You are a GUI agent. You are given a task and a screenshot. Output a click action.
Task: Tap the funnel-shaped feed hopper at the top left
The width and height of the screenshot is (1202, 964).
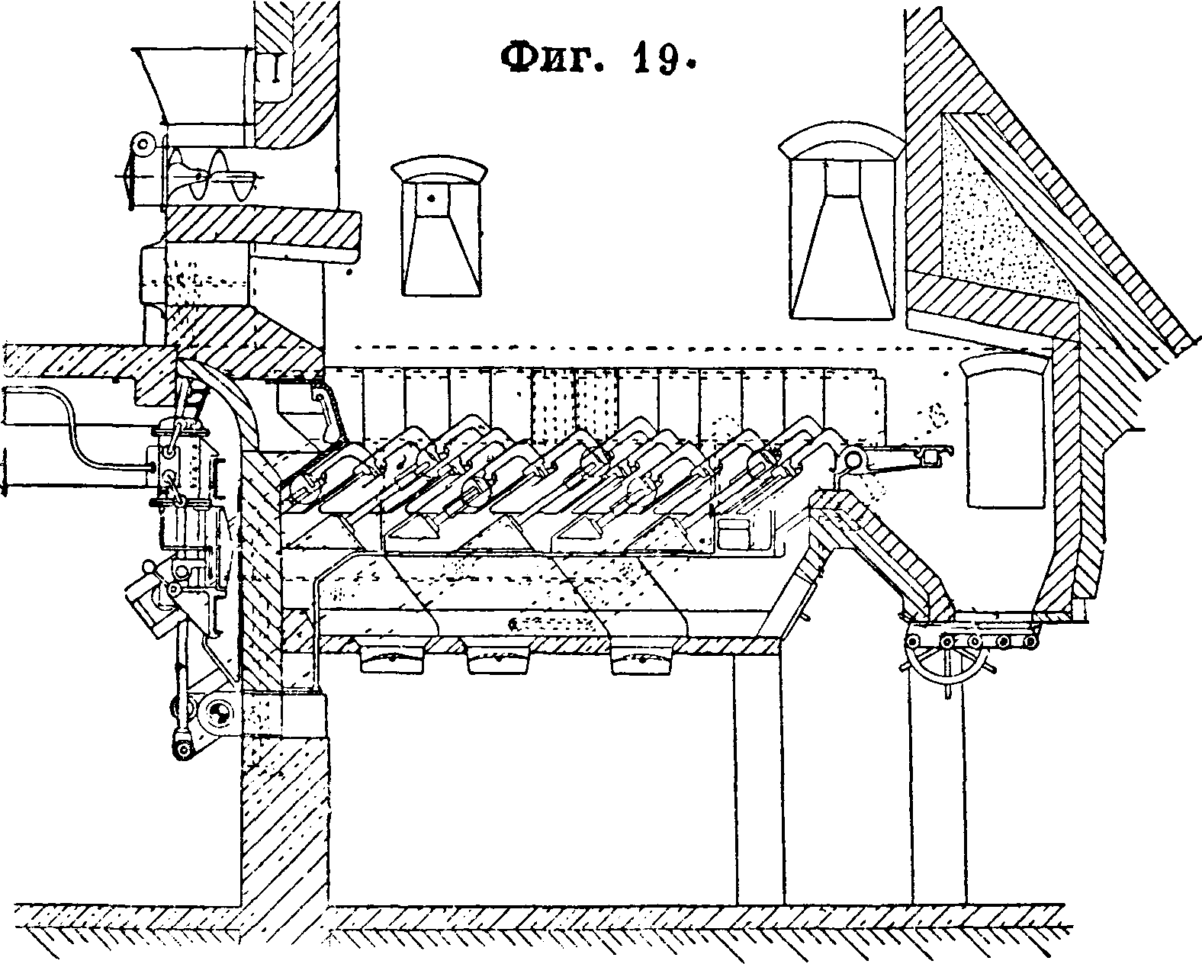tap(193, 84)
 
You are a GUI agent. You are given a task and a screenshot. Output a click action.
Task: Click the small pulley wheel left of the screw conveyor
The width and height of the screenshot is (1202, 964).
tap(142, 143)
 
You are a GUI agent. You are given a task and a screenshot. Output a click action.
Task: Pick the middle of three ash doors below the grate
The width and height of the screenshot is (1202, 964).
tap(500, 659)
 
